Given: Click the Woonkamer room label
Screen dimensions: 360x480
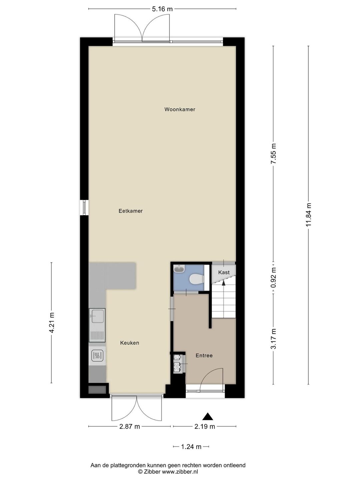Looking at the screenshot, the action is pos(180,109).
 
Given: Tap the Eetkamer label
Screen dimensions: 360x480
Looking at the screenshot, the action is pos(130,211).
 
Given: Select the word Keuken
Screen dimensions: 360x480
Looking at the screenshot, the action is pos(130,343).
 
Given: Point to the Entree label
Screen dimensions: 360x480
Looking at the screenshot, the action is pos(204,356).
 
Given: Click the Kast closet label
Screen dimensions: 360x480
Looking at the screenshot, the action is pos(224,272).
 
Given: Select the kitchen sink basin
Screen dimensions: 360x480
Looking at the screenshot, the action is pos(97,316).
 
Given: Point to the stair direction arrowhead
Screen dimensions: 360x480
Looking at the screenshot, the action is pos(223,283).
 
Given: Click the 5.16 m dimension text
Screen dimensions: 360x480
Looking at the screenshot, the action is pos(162,9).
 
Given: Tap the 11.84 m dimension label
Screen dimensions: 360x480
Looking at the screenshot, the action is pos(308,215).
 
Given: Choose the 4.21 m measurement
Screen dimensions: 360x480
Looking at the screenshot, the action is pos(52,323).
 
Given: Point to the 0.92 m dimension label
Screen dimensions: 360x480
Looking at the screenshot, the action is pos(273,278).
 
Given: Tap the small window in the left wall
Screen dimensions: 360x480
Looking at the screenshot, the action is pos(84,207).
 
